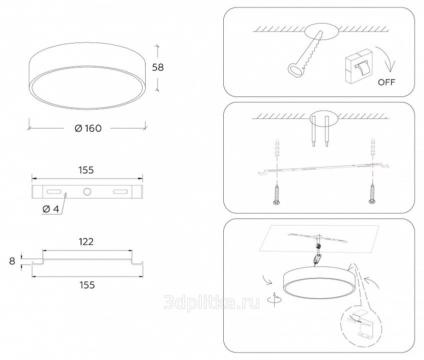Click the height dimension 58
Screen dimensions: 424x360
pos(158,67)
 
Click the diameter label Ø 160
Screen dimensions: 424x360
pos(88,128)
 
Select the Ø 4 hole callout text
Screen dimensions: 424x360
pos(51,209)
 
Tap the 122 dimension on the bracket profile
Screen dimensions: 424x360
pos(86,241)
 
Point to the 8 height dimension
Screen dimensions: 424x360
pos(12,261)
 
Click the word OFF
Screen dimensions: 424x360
pos(386,82)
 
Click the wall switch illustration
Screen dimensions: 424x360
pos(359,66)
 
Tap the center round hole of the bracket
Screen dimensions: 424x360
pos(87,191)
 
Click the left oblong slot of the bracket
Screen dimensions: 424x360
pos(54,191)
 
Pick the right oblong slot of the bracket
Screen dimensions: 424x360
pos(120,191)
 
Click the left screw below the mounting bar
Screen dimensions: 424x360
pos(276,194)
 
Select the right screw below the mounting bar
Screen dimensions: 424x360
pos(372,193)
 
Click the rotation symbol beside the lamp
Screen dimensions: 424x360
pos(274,299)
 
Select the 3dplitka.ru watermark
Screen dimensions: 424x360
pos(212,302)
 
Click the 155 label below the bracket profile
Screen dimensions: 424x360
pos(87,285)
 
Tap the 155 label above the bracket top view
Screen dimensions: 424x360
pos(86,170)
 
